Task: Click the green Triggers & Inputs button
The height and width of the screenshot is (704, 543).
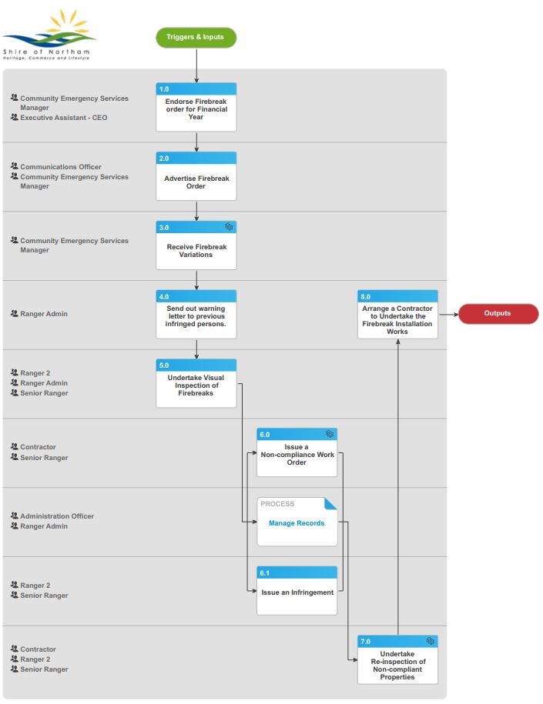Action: (x=196, y=37)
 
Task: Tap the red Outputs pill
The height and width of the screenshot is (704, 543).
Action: (x=498, y=313)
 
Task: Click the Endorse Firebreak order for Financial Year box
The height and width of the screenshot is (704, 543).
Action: (x=196, y=107)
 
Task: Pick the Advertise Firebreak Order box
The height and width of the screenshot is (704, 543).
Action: (x=196, y=176)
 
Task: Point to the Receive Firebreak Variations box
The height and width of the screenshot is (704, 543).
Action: (x=196, y=245)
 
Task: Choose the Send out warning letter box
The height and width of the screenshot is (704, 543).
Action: (x=196, y=314)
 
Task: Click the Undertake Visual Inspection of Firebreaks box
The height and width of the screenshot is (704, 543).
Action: (x=196, y=383)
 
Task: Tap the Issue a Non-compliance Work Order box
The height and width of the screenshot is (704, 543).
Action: (x=297, y=452)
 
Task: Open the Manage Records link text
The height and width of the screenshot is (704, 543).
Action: (x=297, y=523)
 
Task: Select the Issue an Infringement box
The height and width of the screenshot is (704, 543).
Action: (x=297, y=591)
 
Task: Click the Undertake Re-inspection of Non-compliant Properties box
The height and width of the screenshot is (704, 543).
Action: (x=397, y=659)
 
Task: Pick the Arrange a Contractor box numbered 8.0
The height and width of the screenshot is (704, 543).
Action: (x=397, y=314)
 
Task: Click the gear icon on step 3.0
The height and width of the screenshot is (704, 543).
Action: (x=229, y=227)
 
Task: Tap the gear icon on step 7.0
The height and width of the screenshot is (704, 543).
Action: (x=431, y=641)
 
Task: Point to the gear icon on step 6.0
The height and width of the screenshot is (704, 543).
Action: (x=330, y=434)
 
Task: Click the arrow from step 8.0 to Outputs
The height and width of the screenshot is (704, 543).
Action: (x=448, y=314)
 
